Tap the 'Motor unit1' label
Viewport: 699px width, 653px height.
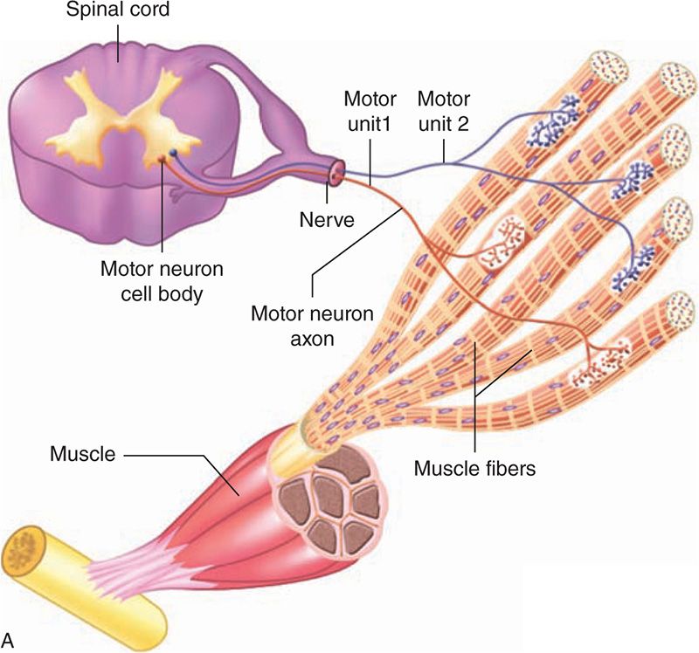click(370, 108)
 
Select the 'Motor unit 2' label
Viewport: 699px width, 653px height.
click(444, 108)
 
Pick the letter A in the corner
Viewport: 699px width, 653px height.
click(9, 640)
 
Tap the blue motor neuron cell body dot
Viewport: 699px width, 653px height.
click(173, 154)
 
